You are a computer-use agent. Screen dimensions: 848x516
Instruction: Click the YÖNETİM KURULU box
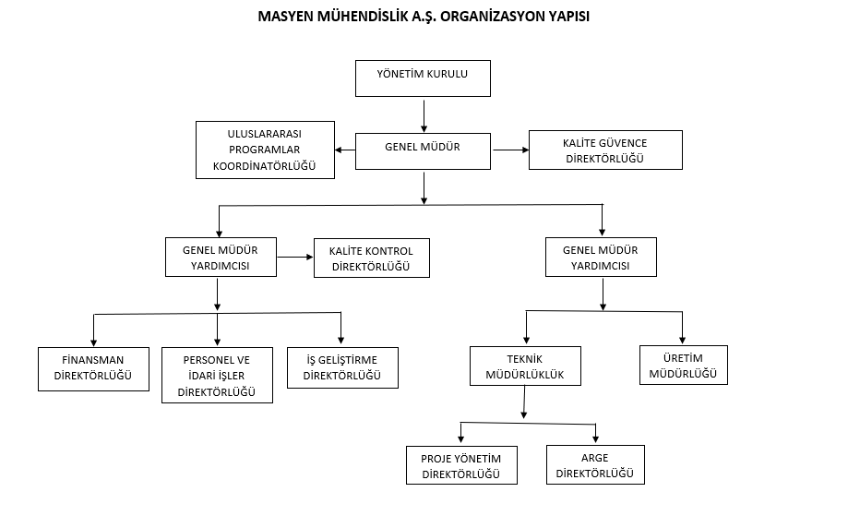[423, 78]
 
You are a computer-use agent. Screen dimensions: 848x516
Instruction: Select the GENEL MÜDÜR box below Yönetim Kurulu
[423, 151]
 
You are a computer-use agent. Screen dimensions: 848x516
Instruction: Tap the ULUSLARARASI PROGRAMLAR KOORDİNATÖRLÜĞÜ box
[265, 150]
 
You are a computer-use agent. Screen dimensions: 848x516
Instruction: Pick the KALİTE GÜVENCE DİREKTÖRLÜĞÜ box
[605, 150]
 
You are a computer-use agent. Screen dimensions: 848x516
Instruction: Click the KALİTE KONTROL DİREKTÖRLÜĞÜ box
[372, 258]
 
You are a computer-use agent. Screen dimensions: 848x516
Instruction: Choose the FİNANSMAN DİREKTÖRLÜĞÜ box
[93, 369]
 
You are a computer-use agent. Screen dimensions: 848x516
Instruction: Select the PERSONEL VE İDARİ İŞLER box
[218, 376]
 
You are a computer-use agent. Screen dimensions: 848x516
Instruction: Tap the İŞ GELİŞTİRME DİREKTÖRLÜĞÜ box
[343, 367]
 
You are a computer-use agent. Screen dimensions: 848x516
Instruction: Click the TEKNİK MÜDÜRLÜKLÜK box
[526, 366]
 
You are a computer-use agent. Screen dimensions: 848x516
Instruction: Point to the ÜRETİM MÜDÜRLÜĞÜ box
[684, 366]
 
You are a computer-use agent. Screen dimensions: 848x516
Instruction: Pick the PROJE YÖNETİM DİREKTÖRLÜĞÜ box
[462, 465]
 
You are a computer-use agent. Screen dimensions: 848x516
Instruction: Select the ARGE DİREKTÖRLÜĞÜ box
[595, 464]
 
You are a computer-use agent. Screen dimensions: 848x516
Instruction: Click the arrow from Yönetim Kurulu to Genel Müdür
[424, 115]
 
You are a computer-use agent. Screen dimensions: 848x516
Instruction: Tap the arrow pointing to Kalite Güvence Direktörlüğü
[510, 150]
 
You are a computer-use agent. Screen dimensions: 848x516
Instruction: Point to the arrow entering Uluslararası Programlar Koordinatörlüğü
[345, 150]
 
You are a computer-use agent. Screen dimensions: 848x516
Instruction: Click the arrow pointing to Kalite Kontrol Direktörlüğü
[295, 257]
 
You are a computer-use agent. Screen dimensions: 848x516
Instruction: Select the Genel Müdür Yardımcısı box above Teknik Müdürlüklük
[602, 257]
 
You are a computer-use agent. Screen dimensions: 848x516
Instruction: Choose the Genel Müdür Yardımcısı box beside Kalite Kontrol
[221, 257]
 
